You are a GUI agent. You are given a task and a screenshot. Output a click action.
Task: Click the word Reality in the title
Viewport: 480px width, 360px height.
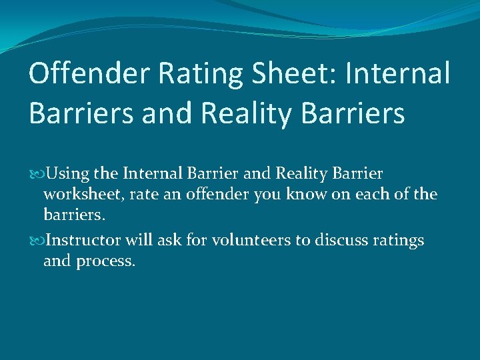coord(254,113)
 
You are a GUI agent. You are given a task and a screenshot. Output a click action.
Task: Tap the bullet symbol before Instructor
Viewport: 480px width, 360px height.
coord(35,241)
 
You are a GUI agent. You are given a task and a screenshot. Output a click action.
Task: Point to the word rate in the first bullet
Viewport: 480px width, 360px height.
coord(149,195)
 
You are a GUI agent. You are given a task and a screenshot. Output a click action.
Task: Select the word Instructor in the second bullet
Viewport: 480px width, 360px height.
coord(85,240)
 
